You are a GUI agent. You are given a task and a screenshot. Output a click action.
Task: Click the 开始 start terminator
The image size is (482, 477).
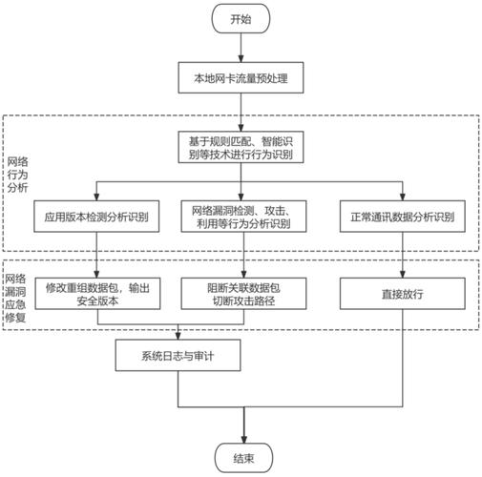coord(241,19)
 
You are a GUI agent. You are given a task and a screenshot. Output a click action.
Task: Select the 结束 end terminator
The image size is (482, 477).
coord(243,458)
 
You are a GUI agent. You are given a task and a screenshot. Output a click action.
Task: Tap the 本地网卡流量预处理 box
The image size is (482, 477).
coord(241,77)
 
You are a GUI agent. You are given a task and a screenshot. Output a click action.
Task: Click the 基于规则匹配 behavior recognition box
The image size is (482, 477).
coord(241,147)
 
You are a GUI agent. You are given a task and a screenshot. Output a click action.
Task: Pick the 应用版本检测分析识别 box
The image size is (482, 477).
coord(96,217)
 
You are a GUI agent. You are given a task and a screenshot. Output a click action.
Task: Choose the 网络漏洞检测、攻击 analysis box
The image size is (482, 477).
coord(243,217)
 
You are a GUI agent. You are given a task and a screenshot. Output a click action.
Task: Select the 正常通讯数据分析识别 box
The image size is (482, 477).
coord(403,217)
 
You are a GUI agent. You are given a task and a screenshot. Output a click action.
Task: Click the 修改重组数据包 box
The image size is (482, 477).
coord(97,294)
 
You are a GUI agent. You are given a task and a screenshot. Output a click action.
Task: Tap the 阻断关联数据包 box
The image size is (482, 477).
coord(243,294)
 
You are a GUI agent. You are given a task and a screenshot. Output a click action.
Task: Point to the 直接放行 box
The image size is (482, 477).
coord(403,294)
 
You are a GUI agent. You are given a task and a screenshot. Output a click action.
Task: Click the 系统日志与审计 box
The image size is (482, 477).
coord(178,355)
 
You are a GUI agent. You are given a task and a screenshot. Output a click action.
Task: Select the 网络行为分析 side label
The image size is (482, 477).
coord(17,175)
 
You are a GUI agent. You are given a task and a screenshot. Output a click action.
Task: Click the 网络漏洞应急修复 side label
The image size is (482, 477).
coord(15,299)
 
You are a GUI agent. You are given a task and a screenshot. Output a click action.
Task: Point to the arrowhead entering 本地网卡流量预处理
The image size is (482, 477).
coord(241,59)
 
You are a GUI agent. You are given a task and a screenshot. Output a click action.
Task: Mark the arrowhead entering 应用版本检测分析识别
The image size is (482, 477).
coord(96,197)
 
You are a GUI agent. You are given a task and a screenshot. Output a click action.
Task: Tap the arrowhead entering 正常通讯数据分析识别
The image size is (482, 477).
coord(403,197)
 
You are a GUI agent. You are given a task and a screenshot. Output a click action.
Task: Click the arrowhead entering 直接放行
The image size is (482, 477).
coord(403,275)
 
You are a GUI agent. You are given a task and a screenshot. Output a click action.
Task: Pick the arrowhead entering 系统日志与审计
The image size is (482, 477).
coord(178,336)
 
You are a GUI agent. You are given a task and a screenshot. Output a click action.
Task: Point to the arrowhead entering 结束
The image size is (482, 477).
coord(243,440)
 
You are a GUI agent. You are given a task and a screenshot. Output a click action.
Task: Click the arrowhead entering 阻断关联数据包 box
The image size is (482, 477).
coord(243,275)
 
